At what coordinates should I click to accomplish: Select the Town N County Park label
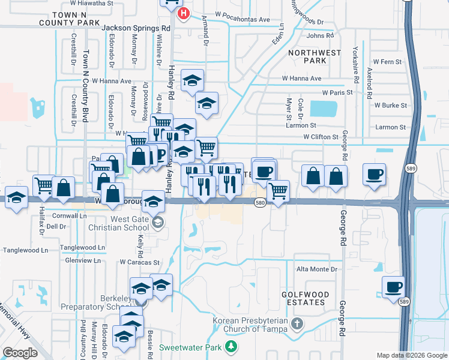[x=77, y=18]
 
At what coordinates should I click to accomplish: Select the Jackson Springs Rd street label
[x=136, y=28]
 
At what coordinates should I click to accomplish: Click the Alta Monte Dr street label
[x=316, y=269]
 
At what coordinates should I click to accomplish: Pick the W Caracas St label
[x=139, y=262]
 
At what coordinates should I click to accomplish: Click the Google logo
[x=20, y=353]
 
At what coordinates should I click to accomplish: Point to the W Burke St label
[x=390, y=105]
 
